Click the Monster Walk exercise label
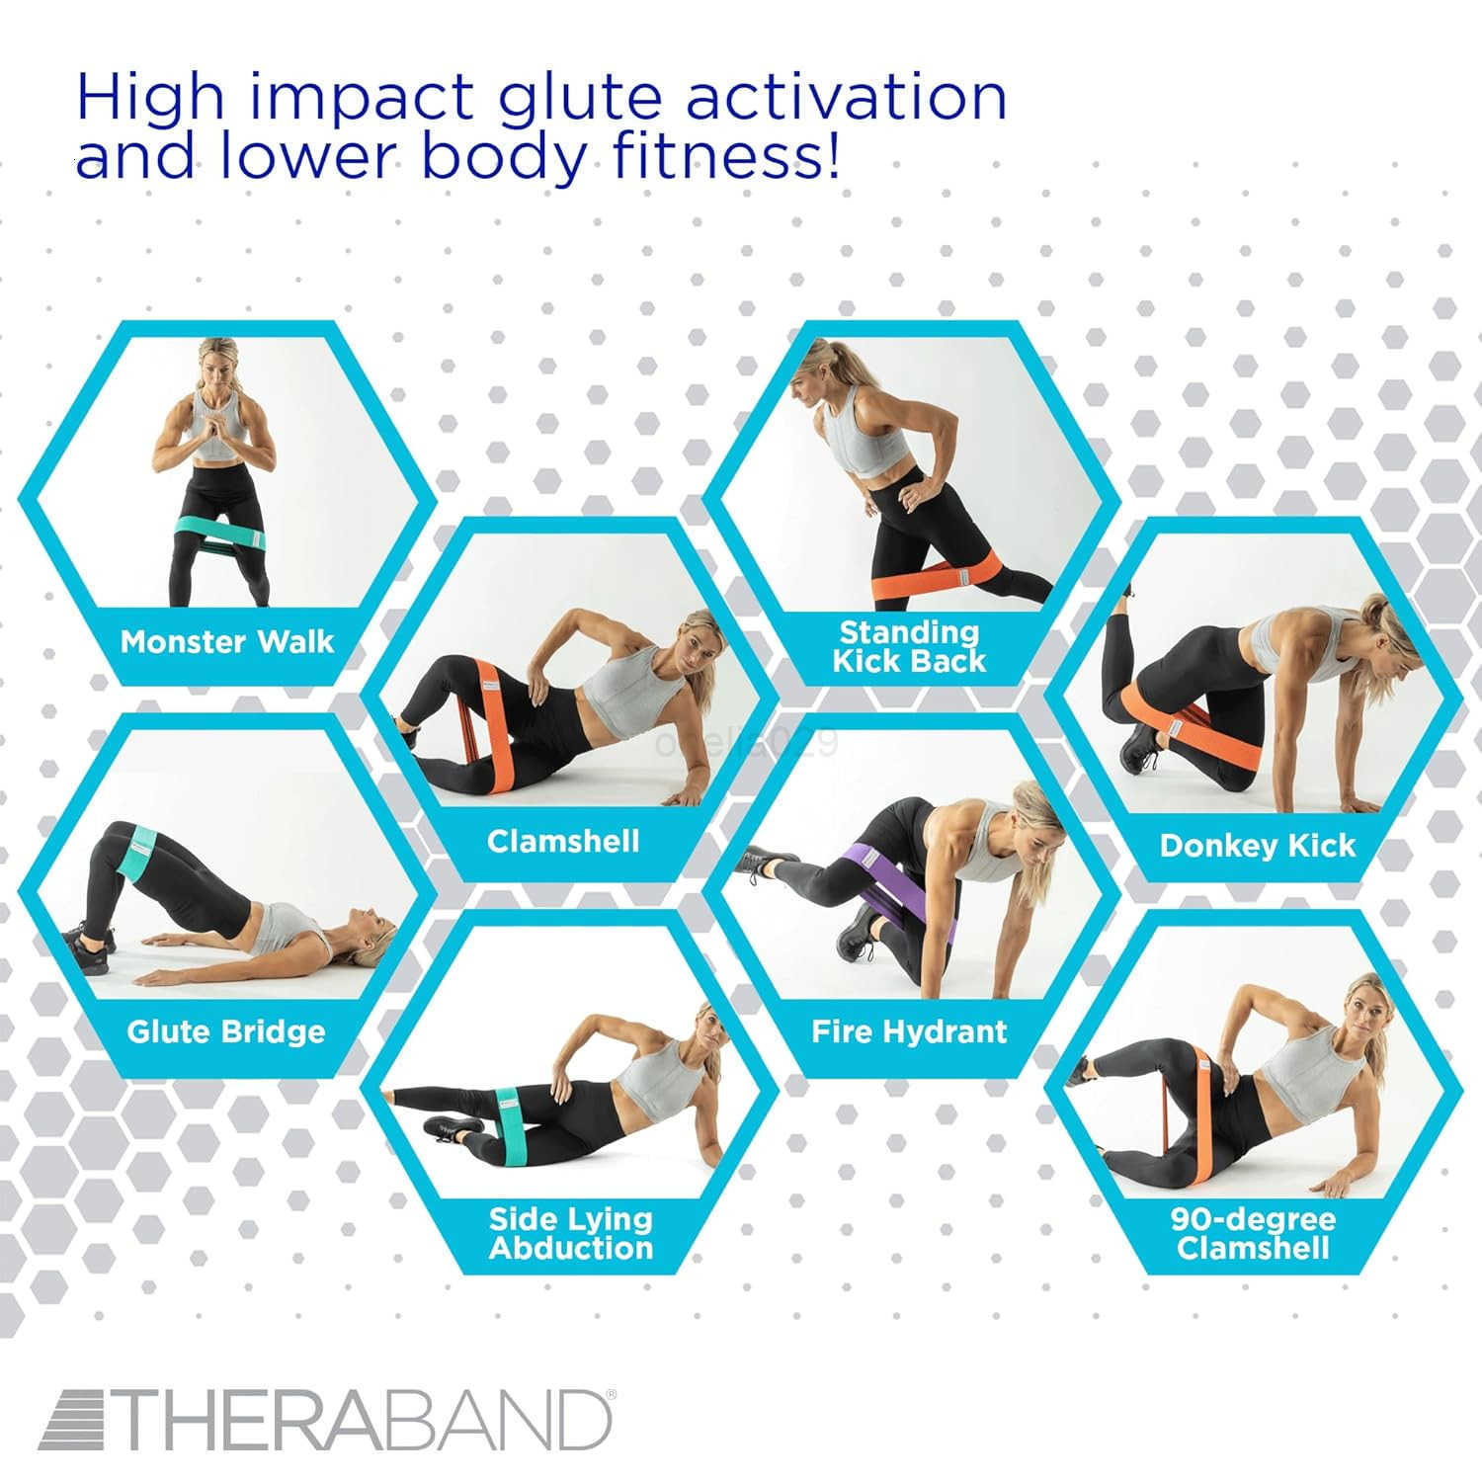coord(227,642)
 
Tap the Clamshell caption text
coord(563,842)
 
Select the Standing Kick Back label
coord(909,646)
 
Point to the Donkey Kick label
coord(1257,846)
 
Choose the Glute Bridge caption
coord(226,1032)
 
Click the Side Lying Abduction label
coord(571,1233)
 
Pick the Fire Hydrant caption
coord(909,1032)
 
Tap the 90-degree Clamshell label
coord(1253,1233)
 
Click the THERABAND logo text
coord(326,1421)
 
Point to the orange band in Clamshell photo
coord(491,726)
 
